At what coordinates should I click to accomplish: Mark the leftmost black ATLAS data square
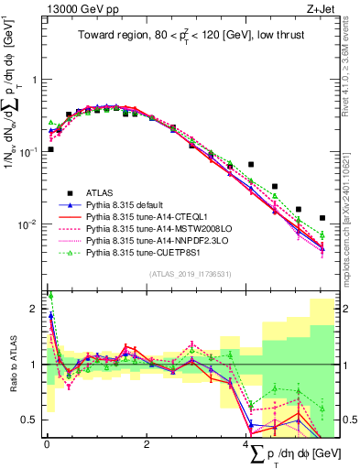[x=50, y=148]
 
